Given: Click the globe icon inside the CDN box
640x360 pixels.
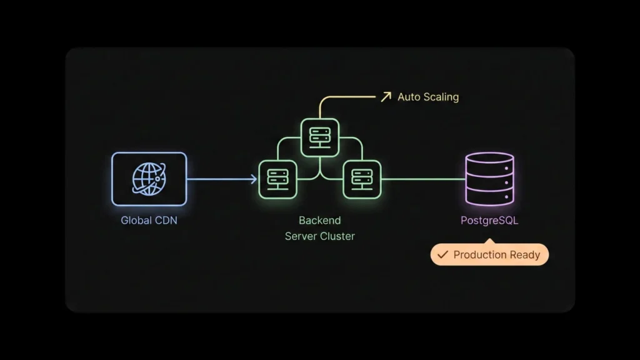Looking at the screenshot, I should pyautogui.click(x=149, y=179).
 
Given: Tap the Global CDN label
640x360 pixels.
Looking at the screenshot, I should pyautogui.click(x=149, y=221).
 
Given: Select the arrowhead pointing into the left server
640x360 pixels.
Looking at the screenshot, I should pyautogui.click(x=254, y=179).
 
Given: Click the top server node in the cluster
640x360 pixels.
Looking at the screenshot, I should pyautogui.click(x=319, y=137).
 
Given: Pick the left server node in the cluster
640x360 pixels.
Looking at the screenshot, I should pyautogui.click(x=277, y=179).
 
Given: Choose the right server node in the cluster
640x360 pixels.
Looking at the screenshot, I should pyautogui.click(x=362, y=179).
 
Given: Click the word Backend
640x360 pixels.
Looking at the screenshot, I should pyautogui.click(x=319, y=221).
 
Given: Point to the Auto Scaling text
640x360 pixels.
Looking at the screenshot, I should pyautogui.click(x=428, y=97).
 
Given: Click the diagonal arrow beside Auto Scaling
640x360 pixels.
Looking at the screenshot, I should pyautogui.click(x=386, y=97).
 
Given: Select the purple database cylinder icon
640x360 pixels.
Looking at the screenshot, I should pyautogui.click(x=489, y=179).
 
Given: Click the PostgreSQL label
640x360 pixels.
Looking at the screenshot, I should pyautogui.click(x=489, y=221).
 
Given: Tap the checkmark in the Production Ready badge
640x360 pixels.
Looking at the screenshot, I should pyautogui.click(x=442, y=255).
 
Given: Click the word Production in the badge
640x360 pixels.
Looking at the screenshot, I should pyautogui.click(x=480, y=255).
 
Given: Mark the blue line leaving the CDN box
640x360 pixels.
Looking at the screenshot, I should pyautogui.click(x=219, y=179).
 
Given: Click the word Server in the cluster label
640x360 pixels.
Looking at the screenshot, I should pyautogui.click(x=301, y=236).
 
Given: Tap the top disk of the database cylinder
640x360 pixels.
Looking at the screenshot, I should pyautogui.click(x=489, y=162).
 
